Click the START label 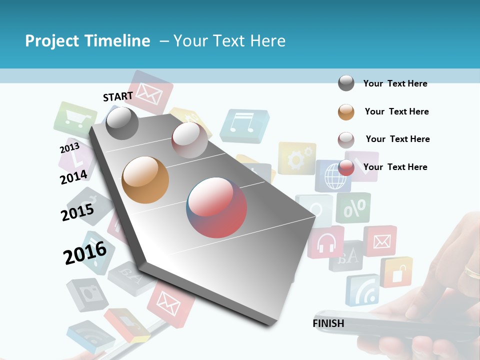pos(118,96)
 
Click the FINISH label pos(328,323)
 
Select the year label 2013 pos(69,148)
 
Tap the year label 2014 pos(73,177)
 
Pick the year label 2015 pos(77,212)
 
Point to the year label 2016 pos(85,252)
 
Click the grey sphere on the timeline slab pos(122,123)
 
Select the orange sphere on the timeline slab pos(145,179)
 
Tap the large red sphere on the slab pos(216,207)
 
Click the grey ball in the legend pos(346,83)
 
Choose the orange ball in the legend pos(346,112)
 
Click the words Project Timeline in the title pos(87,41)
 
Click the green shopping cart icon pos(74,120)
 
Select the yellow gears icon pos(296,158)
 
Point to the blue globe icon pos(331,176)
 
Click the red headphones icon pos(326,242)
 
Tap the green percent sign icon pos(353,207)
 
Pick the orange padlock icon pos(396,272)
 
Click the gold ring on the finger pos(472,272)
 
